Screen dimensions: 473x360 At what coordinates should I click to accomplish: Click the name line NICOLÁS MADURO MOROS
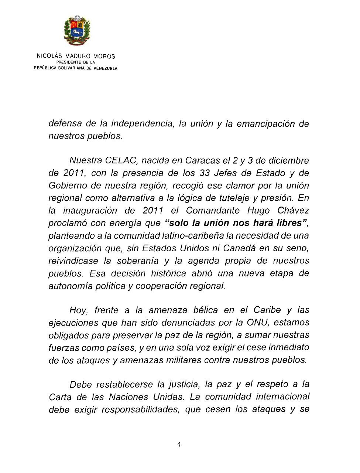(76, 56)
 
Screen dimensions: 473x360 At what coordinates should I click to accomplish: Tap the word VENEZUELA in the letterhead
(105, 68)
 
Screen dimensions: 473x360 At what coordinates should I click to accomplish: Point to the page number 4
(179, 445)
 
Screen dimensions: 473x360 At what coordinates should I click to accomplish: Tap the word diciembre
(288, 161)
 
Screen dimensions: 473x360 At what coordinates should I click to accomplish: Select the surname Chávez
(293, 211)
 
